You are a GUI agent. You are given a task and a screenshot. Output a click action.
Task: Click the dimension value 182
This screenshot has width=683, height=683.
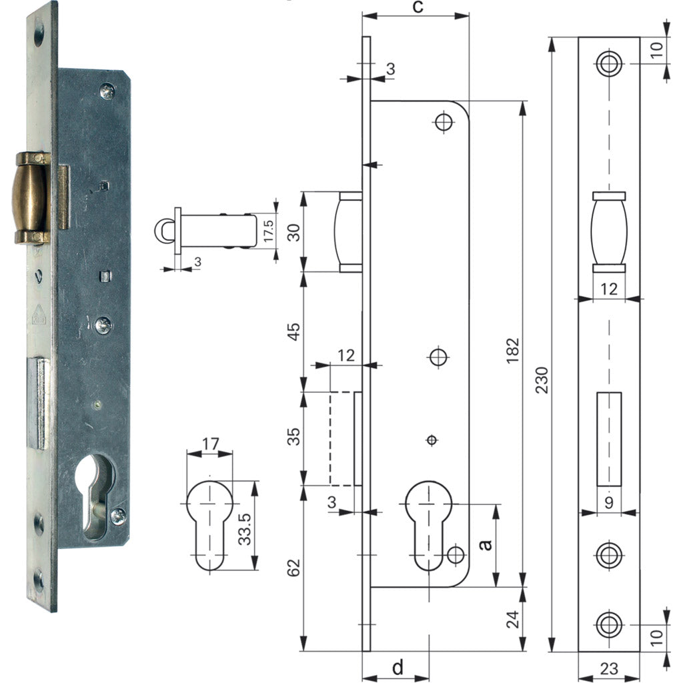(x=514, y=350)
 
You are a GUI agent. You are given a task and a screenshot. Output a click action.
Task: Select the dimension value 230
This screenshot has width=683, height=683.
(x=542, y=380)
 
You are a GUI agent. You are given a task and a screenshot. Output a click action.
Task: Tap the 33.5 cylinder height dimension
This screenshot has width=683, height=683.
(x=245, y=529)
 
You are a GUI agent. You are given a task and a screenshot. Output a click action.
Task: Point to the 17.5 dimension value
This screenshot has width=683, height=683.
(x=268, y=230)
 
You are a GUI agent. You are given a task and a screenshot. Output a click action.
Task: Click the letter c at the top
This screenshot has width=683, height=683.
(x=418, y=7)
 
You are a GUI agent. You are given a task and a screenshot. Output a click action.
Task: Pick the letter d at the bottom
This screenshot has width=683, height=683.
(x=398, y=666)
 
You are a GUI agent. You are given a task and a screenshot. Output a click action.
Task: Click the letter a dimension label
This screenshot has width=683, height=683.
(x=486, y=544)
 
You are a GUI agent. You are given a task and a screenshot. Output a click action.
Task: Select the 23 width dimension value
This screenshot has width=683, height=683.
(x=609, y=668)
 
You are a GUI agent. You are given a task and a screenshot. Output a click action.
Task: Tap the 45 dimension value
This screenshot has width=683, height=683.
(x=294, y=331)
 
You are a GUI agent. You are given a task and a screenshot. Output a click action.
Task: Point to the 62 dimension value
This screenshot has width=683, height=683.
(x=294, y=568)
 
